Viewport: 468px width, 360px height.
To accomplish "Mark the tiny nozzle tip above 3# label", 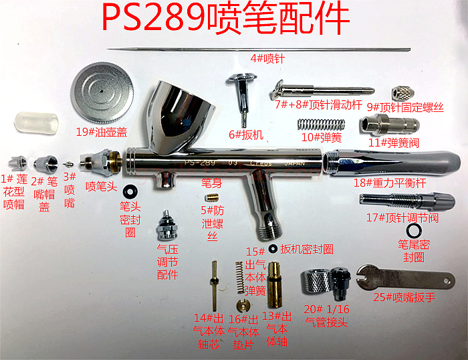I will pyautogui.click(x=68, y=163).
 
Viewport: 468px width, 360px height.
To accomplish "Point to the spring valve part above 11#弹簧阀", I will pyautogui.click(x=389, y=125).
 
